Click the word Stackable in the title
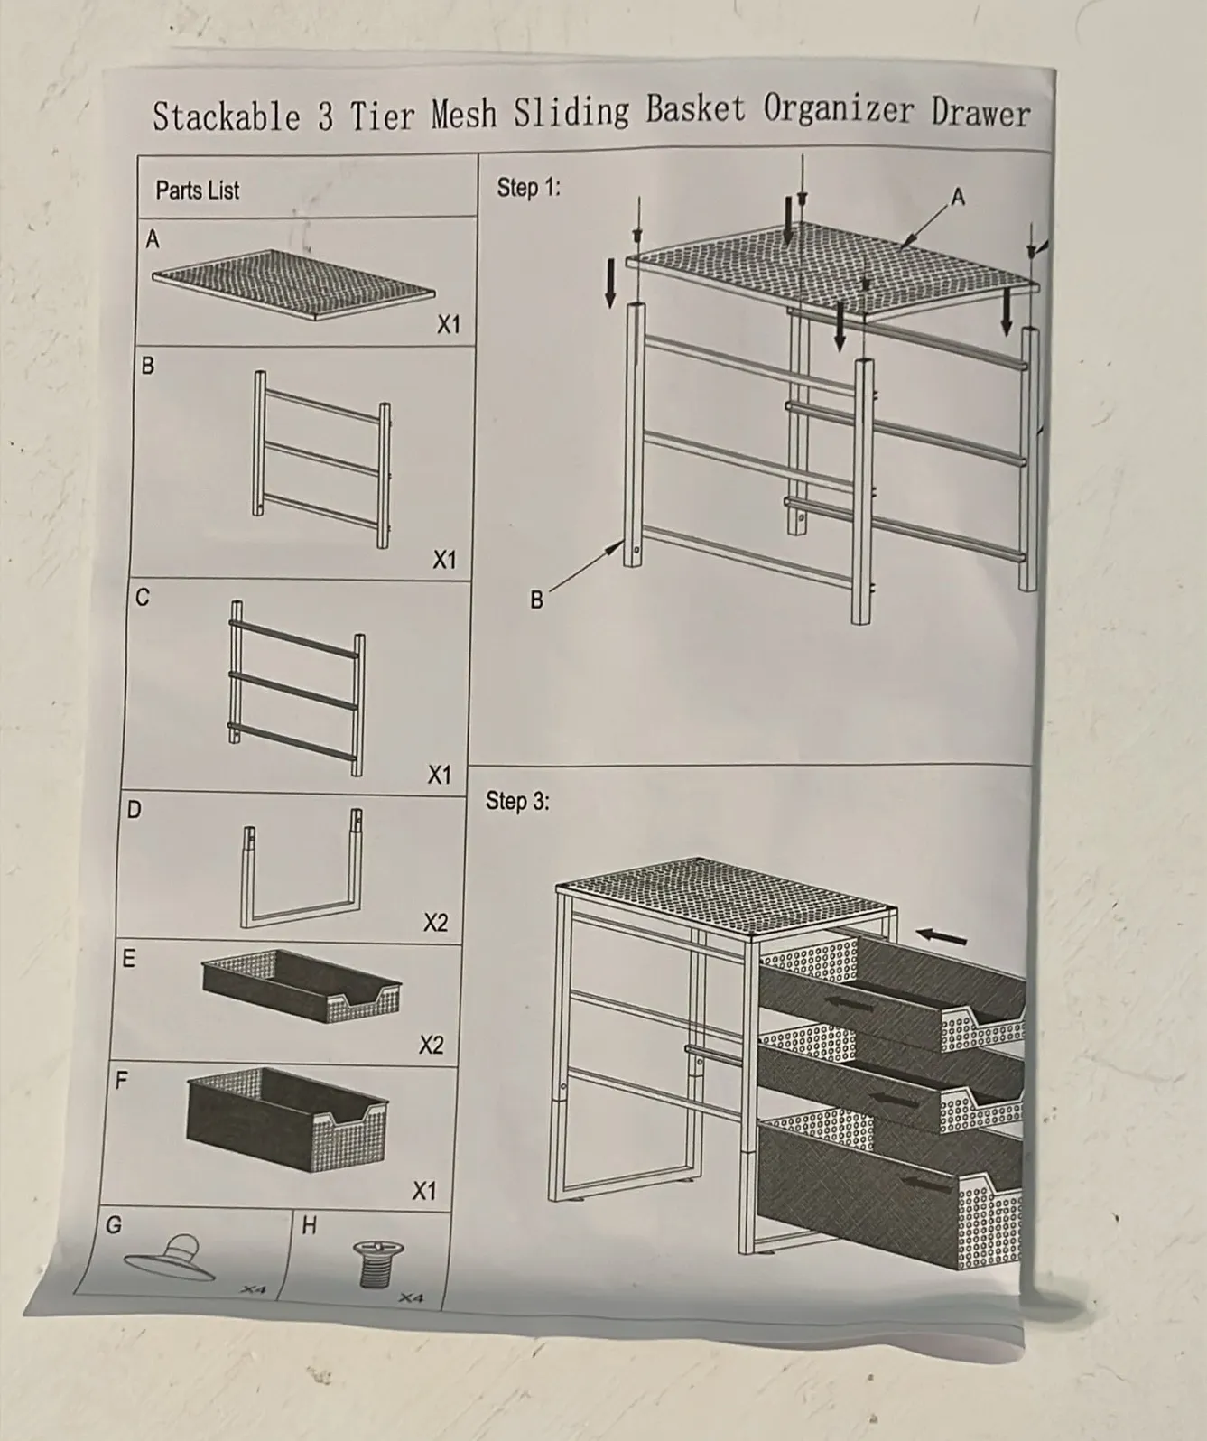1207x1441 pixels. (227, 116)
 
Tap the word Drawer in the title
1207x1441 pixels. (980, 113)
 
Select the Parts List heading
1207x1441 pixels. (198, 191)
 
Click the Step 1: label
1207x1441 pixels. (529, 187)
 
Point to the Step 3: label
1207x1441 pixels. (517, 801)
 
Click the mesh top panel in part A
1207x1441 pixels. (294, 285)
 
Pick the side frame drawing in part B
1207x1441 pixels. (322, 460)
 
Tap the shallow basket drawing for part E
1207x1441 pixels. (302, 986)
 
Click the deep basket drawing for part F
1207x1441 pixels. (287, 1120)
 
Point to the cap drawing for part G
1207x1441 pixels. (170, 1258)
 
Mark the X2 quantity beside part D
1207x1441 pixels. (435, 923)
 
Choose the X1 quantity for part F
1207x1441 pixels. (424, 1191)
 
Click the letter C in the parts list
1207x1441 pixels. (142, 597)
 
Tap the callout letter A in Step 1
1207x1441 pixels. (958, 198)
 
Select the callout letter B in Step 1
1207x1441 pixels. (536, 600)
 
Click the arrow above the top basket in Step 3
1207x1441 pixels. (942, 936)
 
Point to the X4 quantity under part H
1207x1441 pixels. (412, 1298)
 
